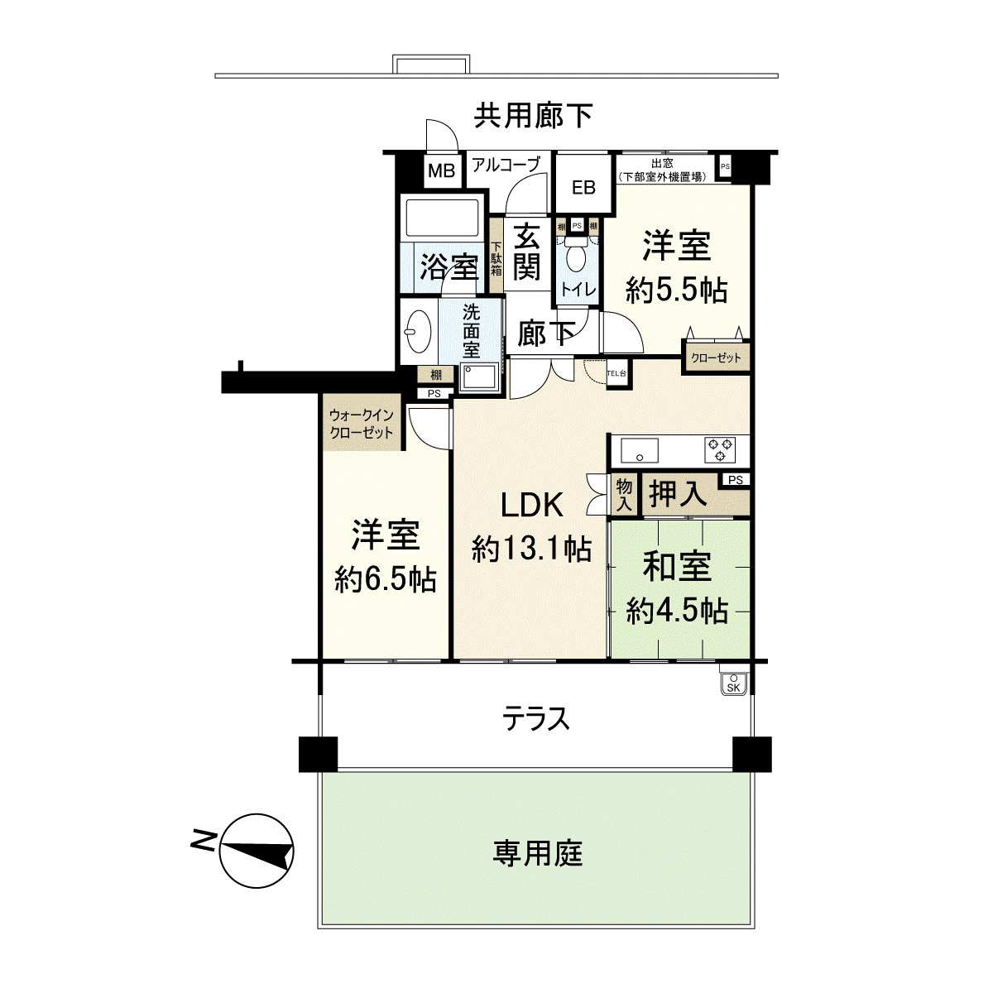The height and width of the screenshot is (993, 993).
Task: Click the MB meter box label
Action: [x=441, y=172]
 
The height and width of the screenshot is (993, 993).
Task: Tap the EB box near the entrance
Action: [x=583, y=187]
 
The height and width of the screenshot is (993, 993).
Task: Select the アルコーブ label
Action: [x=506, y=165]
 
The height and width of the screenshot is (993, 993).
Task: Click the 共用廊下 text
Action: [x=533, y=116]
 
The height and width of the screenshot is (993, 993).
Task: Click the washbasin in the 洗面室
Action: [x=420, y=329]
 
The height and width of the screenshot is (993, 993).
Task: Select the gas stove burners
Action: [x=718, y=449]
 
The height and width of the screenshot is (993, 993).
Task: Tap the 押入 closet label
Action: [x=679, y=494]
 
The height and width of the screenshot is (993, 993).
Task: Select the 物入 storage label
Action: [x=623, y=494]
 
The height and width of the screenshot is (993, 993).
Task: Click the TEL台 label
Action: [x=617, y=373]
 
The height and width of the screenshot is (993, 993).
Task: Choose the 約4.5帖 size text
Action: [x=677, y=611]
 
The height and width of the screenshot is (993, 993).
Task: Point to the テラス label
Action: [x=537, y=718]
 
